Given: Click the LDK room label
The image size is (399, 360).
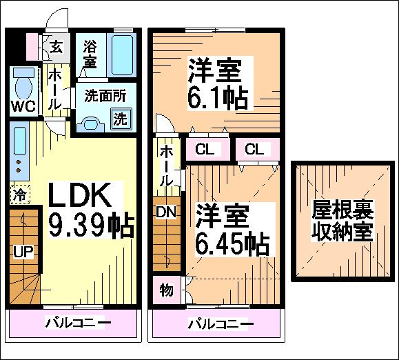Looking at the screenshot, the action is (x=80, y=194).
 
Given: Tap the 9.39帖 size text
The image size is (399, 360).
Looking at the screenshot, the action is (x=91, y=226).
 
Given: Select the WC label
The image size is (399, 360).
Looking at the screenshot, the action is (x=23, y=106).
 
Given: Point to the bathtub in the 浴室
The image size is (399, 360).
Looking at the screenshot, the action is (x=122, y=55).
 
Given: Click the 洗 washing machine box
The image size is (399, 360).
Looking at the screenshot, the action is (x=121, y=119).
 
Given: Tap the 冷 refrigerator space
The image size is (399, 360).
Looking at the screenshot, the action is (x=20, y=194).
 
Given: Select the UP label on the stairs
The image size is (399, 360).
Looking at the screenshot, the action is (x=23, y=252).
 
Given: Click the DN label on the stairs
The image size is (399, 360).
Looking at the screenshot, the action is (x=166, y=212).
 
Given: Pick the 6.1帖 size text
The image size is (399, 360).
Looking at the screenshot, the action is (x=218, y=99).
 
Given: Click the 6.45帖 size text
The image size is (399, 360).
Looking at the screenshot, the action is (x=232, y=244).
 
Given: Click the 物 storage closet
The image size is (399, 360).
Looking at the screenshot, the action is (x=167, y=290).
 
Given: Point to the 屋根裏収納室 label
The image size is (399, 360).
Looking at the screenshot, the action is (x=342, y=221).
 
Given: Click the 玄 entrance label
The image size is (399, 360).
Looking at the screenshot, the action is (x=57, y=47).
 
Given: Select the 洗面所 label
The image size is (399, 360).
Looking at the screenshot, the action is (x=105, y=96).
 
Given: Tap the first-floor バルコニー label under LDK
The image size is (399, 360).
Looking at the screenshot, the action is (x=79, y=323).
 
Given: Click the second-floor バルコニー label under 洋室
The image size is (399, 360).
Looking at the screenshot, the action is (x=221, y=324).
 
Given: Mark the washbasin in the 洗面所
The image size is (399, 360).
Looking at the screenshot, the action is (x=90, y=124).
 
